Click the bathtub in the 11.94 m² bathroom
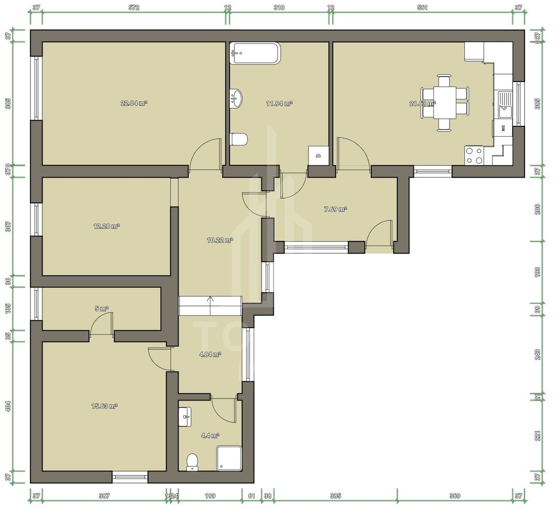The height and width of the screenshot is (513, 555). point(255,53)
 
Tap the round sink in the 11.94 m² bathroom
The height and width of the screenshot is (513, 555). point(236,98)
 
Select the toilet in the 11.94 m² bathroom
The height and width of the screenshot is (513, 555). point(239,140)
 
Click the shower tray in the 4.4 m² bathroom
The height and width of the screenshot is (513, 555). point(229,458)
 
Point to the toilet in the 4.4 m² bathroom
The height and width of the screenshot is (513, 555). point(192,461)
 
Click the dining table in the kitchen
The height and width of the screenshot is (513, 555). point(445,103)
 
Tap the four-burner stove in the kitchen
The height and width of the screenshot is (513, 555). point(474,155)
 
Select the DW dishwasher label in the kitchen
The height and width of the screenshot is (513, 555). point(502,128)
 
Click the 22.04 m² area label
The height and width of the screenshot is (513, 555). point(134,103)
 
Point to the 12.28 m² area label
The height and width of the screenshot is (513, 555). point(106,226)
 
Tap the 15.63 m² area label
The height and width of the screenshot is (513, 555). point(104,406)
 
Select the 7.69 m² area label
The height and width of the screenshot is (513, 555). point(335,209)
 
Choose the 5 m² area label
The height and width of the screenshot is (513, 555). point(102,308)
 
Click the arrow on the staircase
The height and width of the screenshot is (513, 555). point(211,300)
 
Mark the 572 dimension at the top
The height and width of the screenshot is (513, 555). point(134,8)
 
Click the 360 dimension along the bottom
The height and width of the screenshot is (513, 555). point(454,496)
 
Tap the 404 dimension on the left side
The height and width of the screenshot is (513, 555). point(8,406)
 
